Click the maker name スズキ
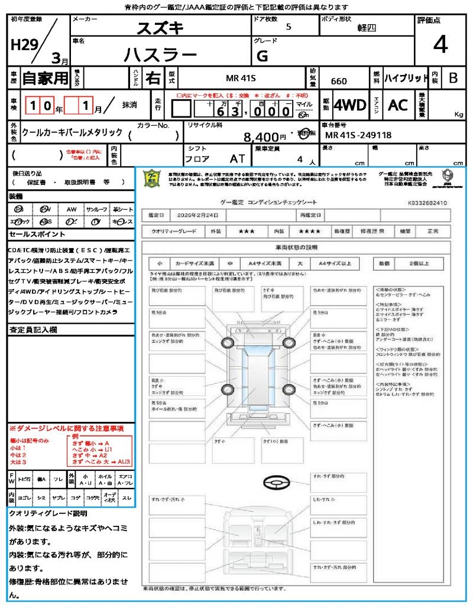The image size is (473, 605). tap(160, 28)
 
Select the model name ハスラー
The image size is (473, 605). tap(160, 55)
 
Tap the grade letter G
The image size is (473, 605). tap(263, 56)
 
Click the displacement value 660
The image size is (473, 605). tap(339, 81)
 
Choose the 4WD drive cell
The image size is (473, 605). tap(350, 105)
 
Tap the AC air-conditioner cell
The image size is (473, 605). tap(398, 105)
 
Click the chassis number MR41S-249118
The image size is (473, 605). tap(358, 135)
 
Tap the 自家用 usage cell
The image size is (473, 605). tap(46, 78)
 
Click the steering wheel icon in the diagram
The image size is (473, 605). tap(276, 483)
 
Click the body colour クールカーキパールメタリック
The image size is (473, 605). tap(72, 132)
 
